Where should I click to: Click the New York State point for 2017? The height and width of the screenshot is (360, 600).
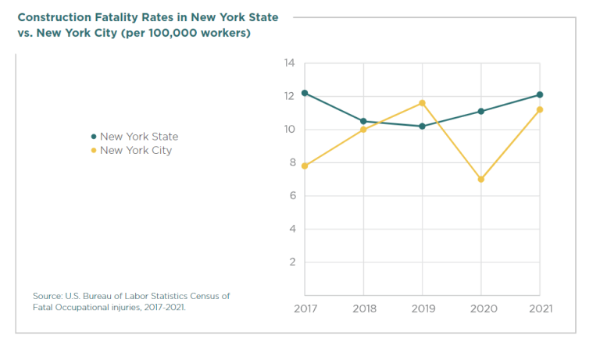pos(305,93)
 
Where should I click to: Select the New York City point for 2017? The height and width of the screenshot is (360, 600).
pos(305,166)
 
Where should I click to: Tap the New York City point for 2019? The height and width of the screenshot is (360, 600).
pos(422,103)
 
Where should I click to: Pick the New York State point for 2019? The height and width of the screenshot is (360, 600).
pos(422,126)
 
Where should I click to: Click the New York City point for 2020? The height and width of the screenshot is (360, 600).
pos(480,179)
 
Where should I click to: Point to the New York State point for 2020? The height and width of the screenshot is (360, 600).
pos(480,111)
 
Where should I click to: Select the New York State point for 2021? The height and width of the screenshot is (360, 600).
pos(539,94)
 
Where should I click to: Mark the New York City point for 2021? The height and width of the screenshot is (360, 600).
pos(539,109)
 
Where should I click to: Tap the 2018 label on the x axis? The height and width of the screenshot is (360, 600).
pos(363,308)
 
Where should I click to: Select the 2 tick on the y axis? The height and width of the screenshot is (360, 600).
pos(291,262)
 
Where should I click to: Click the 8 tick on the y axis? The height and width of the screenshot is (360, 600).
pos(291,162)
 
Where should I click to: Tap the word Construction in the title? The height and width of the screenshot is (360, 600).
pos(53,17)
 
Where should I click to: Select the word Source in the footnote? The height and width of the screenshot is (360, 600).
pos(48,296)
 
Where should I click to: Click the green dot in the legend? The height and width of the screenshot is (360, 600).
pos(94,137)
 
